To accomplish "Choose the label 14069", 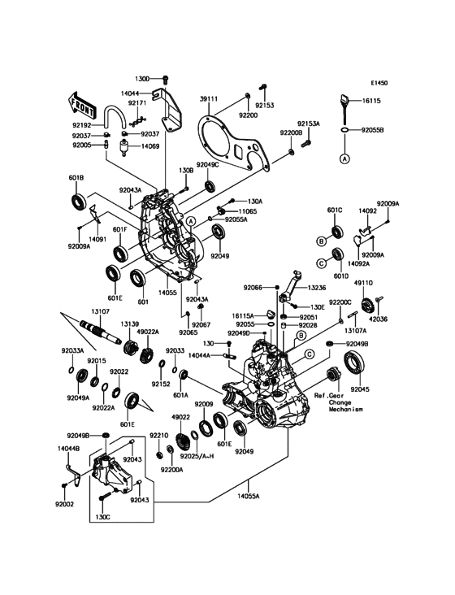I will pyautogui.click(x=150, y=145).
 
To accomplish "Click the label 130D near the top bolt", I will pyautogui.click(x=142, y=79).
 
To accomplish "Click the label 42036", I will pyautogui.click(x=388, y=319).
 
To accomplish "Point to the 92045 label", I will pyautogui.click(x=361, y=389).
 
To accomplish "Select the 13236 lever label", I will pyautogui.click(x=317, y=287).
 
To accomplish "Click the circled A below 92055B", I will pyautogui.click(x=344, y=159).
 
